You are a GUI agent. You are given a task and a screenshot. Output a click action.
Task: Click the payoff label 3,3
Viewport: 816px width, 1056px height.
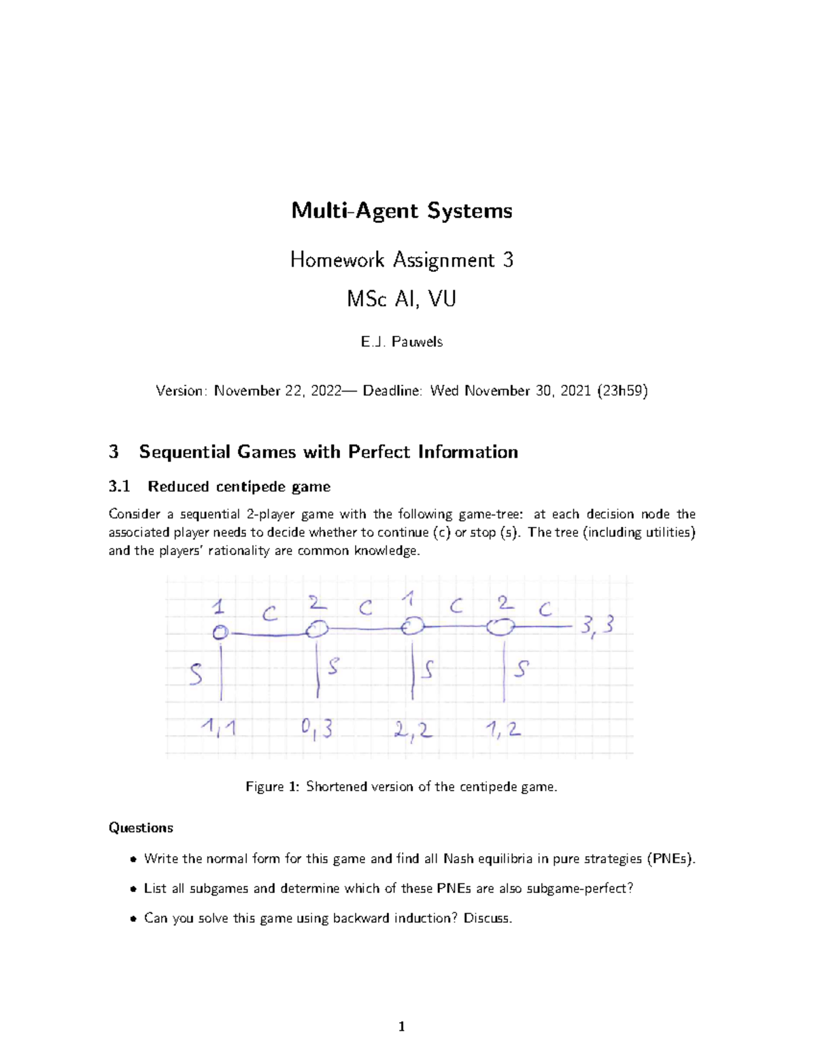pos(597,625)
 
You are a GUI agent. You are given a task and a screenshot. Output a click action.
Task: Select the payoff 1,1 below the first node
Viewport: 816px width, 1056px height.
pos(218,728)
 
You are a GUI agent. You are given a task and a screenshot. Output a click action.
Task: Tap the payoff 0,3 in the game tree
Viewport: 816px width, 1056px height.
pos(317,729)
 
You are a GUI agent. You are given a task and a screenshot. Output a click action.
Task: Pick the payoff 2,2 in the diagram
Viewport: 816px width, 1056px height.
pos(412,730)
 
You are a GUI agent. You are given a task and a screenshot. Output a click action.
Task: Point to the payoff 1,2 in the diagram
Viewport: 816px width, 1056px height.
pos(503,730)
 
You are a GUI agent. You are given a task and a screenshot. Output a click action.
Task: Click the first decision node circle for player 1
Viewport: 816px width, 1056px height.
pos(220,632)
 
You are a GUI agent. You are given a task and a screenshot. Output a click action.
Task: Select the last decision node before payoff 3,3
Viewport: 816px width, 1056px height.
pos(500,627)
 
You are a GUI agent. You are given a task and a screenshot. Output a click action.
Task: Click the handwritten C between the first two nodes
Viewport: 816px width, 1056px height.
pos(269,614)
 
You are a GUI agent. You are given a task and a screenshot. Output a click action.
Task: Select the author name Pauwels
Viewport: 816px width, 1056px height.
pos(417,341)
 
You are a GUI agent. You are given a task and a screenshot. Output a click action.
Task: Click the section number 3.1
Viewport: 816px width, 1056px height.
pos(119,486)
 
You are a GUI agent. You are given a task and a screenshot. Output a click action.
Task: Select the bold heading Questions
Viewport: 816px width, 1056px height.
pos(141,828)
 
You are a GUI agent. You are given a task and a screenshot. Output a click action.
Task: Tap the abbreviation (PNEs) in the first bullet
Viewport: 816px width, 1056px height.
pos(671,858)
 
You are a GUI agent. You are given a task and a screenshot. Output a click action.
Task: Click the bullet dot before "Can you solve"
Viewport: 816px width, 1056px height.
pos(134,919)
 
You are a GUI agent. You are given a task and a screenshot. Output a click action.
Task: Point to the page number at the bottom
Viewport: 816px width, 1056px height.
pos(402,1026)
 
